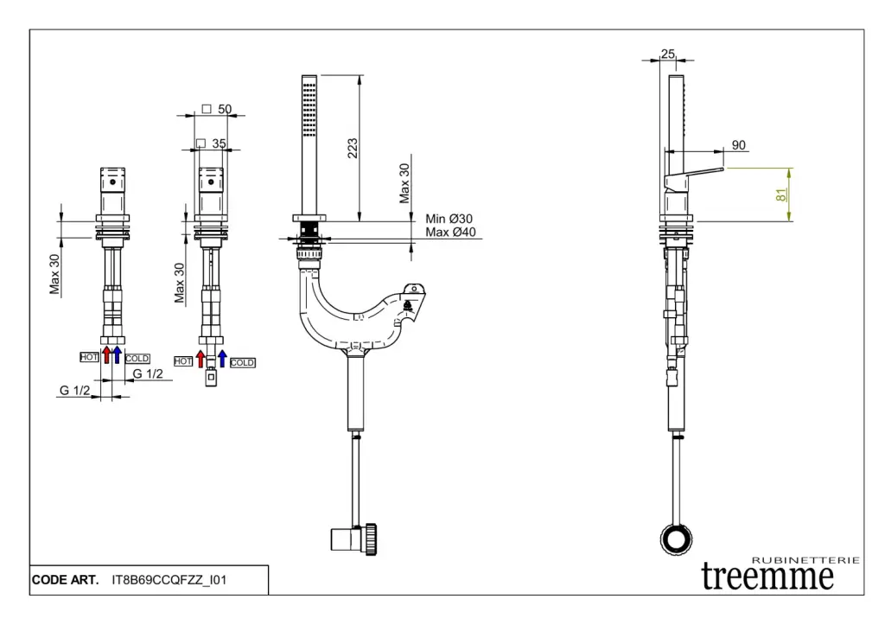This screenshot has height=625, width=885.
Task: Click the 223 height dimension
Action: click(353, 148)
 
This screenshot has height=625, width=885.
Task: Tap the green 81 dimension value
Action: click(780, 195)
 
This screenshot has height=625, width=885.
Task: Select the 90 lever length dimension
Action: click(738, 145)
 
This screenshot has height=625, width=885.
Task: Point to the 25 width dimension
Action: click(668, 54)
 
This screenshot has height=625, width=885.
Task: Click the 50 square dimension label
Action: click(225, 109)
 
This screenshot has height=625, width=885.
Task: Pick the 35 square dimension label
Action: click(219, 143)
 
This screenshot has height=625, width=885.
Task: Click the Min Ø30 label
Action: click(449, 219)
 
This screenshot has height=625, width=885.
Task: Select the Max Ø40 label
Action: click(451, 232)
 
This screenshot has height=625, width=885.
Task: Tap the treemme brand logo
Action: click(767, 576)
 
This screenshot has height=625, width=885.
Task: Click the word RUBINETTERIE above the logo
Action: click(806, 560)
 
